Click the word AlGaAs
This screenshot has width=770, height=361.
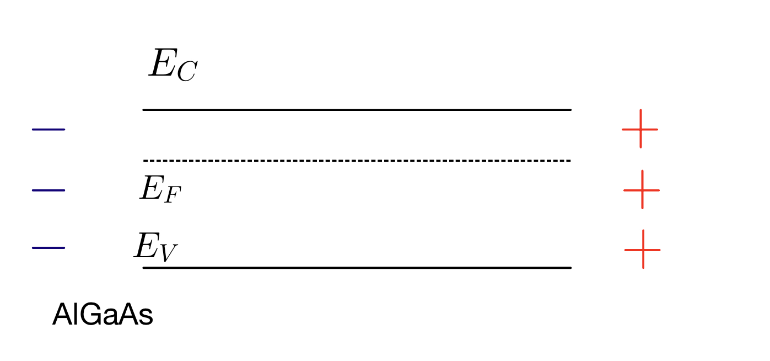point(103,316)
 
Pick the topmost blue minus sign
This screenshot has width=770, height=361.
point(49,130)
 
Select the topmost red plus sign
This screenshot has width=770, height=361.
point(640,129)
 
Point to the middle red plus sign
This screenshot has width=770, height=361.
point(642,190)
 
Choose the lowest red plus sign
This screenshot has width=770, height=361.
point(643,249)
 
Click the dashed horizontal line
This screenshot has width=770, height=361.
point(357,161)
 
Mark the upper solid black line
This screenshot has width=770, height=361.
point(357,110)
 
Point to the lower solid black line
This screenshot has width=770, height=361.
point(357,268)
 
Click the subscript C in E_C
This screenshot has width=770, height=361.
point(186,73)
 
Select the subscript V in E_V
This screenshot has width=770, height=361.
point(168,253)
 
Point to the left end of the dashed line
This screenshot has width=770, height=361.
point(145,161)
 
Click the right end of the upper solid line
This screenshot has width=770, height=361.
point(569,110)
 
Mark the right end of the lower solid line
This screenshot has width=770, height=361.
point(569,268)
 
